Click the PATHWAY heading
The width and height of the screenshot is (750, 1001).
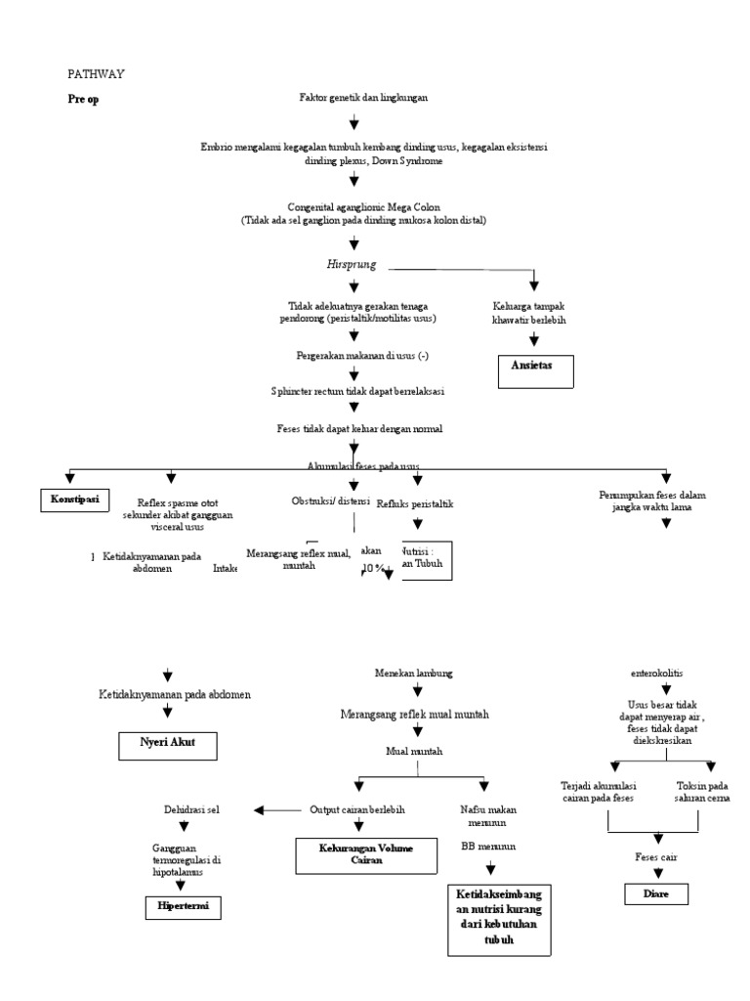click(x=96, y=73)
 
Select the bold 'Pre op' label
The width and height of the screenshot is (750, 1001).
click(x=83, y=99)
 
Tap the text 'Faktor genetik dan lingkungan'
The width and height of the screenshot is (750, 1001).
click(x=363, y=98)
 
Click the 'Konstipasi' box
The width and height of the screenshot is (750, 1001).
click(x=75, y=500)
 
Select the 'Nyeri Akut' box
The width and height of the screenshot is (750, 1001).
click(x=167, y=744)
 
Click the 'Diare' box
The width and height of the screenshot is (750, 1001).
click(x=657, y=893)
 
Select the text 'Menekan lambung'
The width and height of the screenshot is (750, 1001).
click(x=413, y=675)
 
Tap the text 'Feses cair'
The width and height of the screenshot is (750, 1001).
click(x=656, y=856)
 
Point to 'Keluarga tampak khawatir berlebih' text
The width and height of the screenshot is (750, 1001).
click(x=533, y=313)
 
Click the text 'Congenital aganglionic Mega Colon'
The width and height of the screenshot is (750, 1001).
click(x=363, y=207)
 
